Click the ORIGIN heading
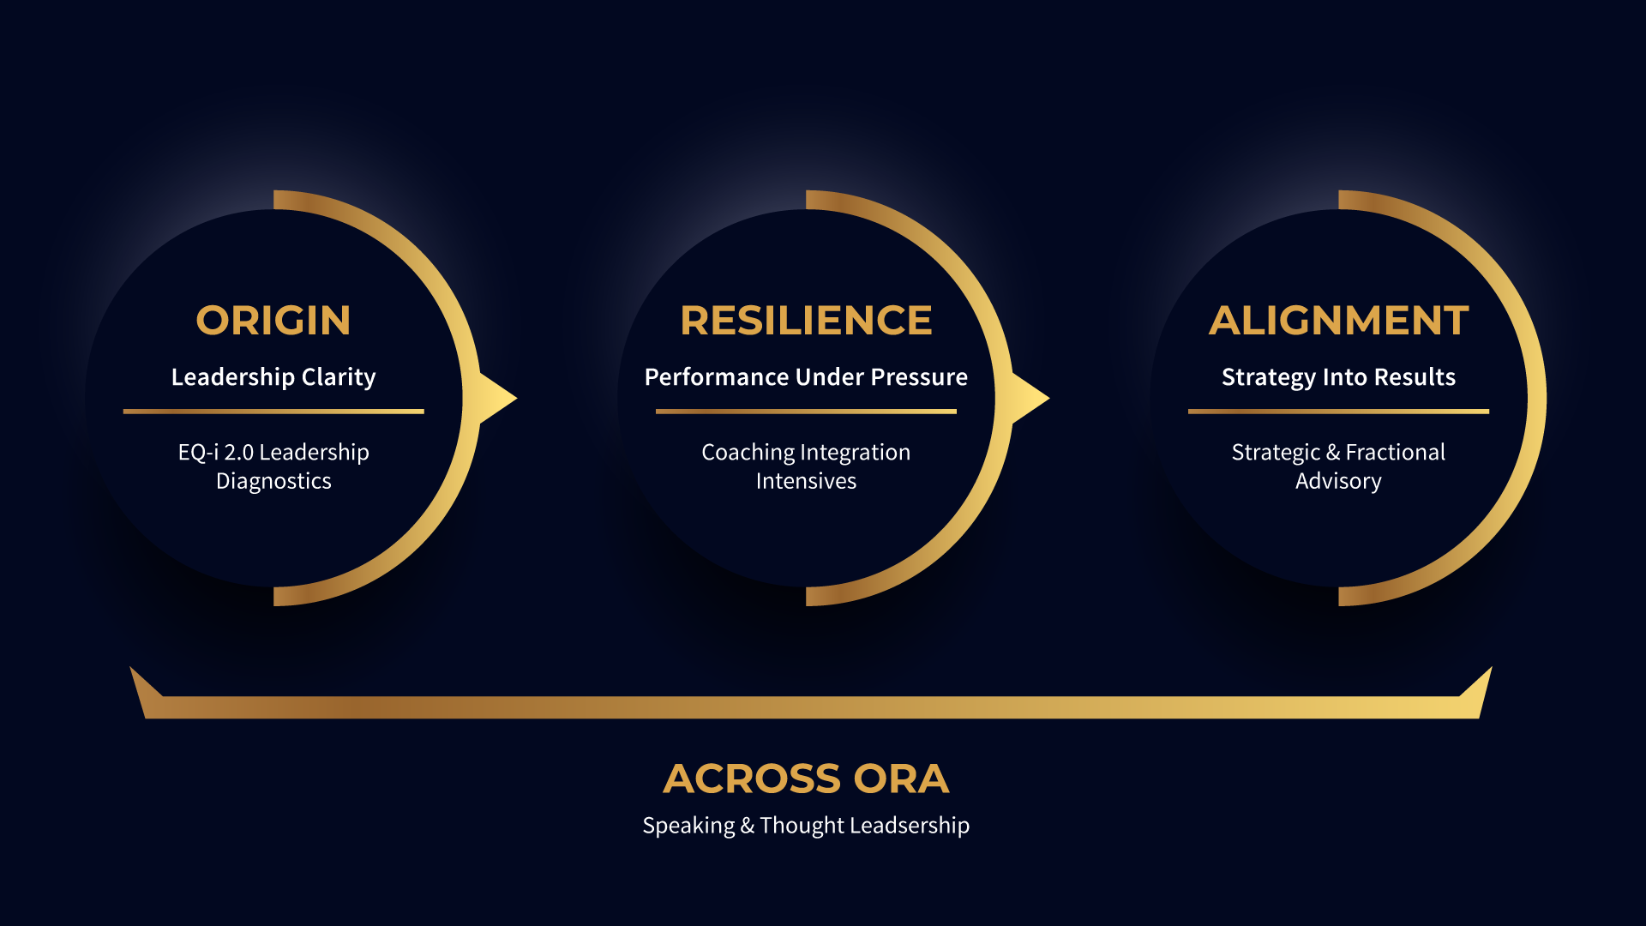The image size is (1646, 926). pyautogui.click(x=273, y=321)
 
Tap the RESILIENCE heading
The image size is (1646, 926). pyautogui.click(x=806, y=321)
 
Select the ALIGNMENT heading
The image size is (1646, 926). pyautogui.click(x=1338, y=321)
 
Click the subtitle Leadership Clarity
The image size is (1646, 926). pyautogui.click(x=273, y=377)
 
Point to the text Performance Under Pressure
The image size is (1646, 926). pyautogui.click(x=806, y=377)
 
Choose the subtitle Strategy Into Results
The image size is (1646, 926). pyautogui.click(x=1338, y=377)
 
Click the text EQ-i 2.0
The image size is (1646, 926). pyautogui.click(x=216, y=453)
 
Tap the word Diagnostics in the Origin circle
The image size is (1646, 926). pyautogui.click(x=273, y=481)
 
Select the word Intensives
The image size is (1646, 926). pyautogui.click(x=806, y=481)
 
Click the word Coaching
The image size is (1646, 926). pyautogui.click(x=748, y=453)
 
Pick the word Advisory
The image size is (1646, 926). pyautogui.click(x=1338, y=481)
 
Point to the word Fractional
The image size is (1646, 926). pyautogui.click(x=1396, y=452)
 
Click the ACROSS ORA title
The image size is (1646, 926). pyautogui.click(x=806, y=779)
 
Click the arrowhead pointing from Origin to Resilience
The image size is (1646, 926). pyautogui.click(x=498, y=398)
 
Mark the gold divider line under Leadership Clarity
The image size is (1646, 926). pyautogui.click(x=273, y=412)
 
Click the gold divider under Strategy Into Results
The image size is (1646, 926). pyautogui.click(x=1338, y=412)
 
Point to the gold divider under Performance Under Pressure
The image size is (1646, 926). pyautogui.click(x=806, y=412)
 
